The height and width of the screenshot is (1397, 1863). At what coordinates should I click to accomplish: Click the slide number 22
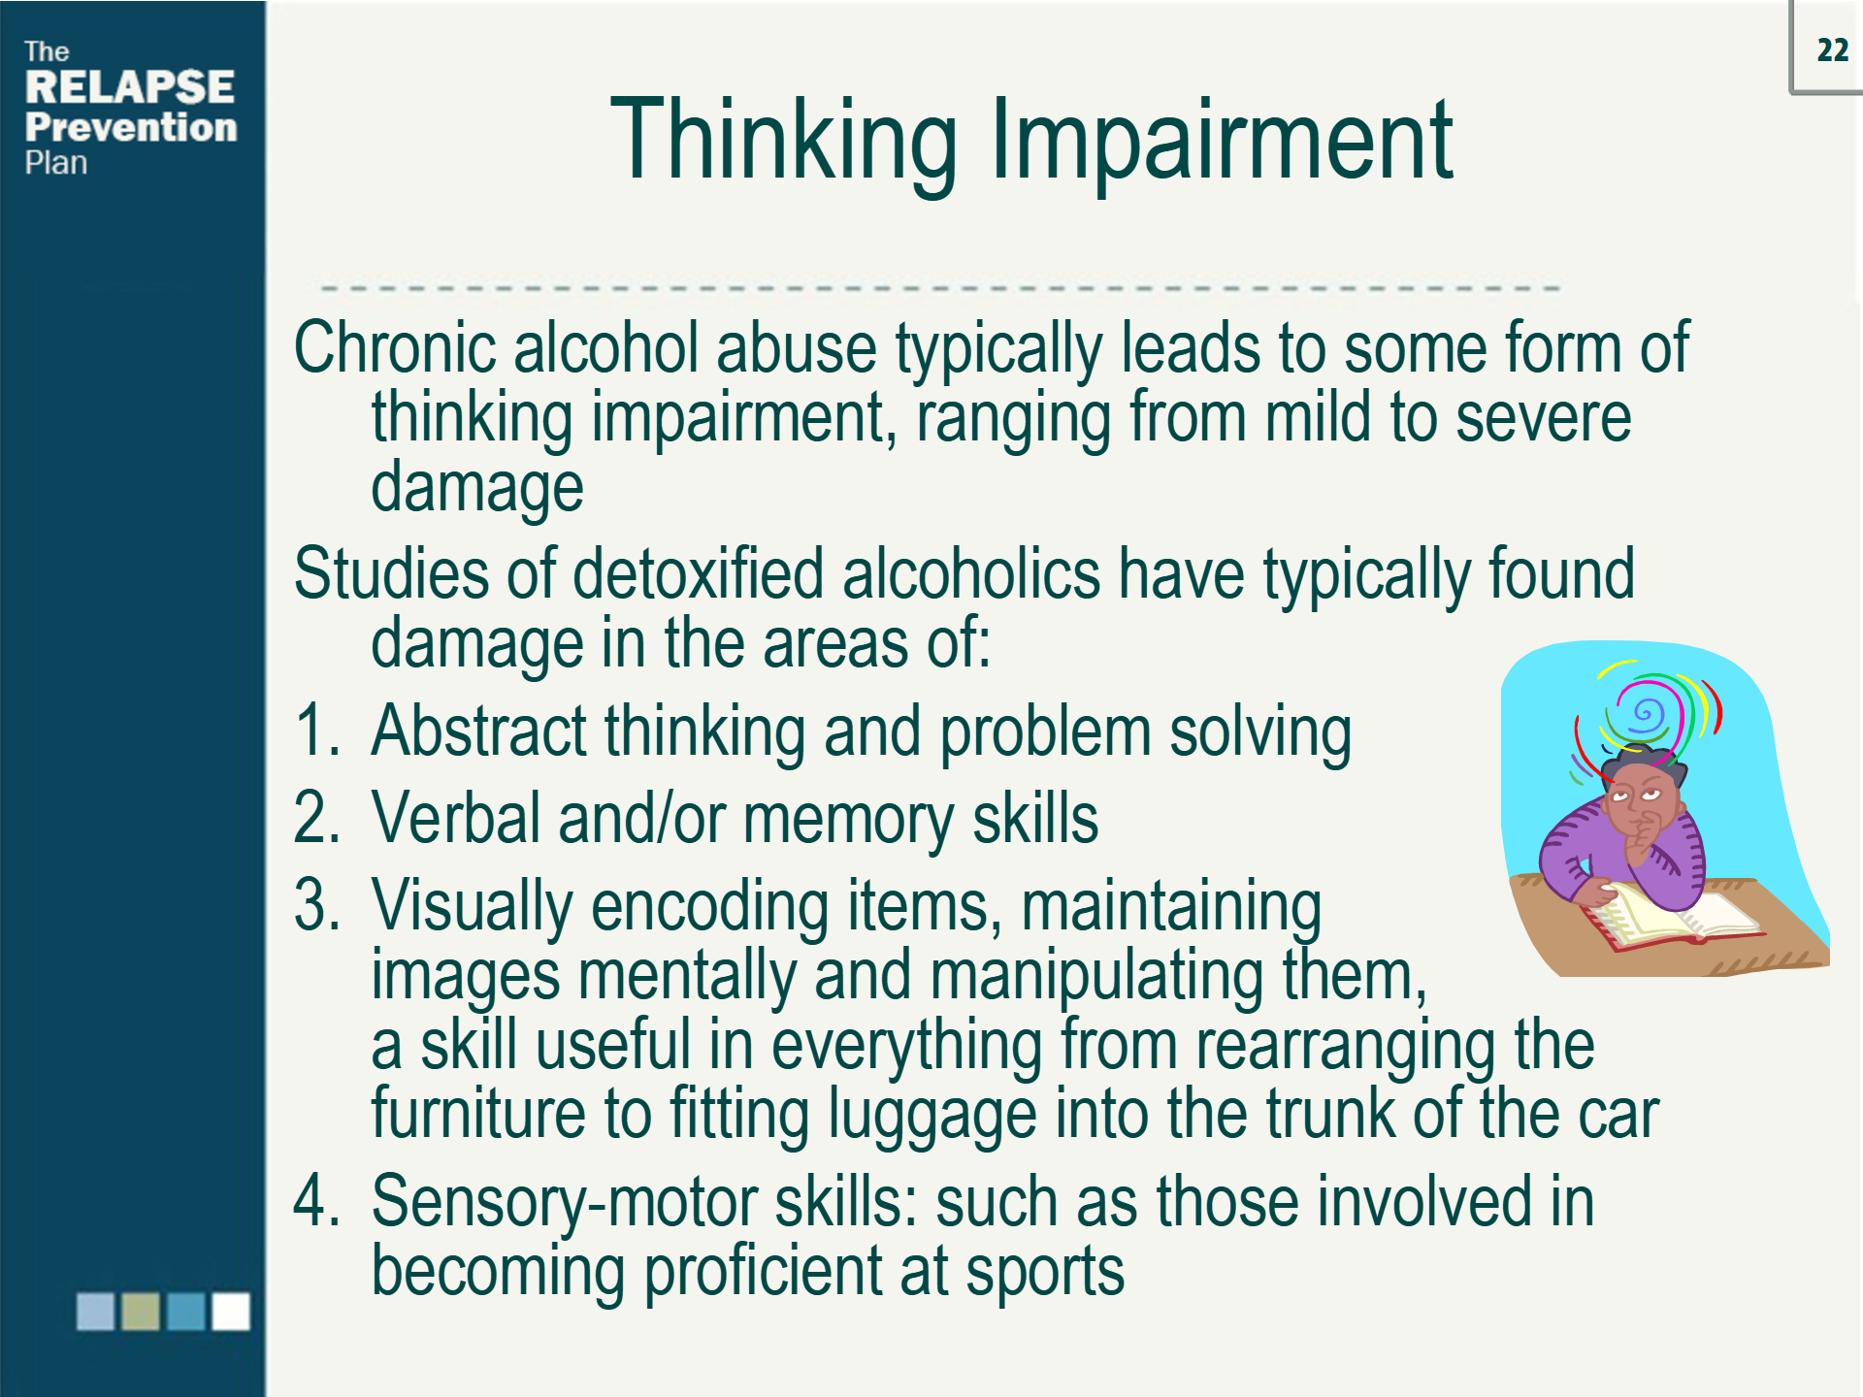click(1832, 50)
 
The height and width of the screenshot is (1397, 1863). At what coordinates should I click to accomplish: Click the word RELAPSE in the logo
click(129, 87)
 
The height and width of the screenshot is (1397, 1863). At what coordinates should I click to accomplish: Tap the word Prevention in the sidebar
click(131, 127)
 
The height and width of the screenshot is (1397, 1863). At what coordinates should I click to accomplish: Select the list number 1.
click(316, 731)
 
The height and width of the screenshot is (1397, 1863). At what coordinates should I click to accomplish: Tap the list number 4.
click(316, 1201)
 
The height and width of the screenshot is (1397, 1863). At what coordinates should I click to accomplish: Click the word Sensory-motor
click(563, 1201)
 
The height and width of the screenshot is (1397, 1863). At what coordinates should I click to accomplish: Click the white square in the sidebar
click(231, 1312)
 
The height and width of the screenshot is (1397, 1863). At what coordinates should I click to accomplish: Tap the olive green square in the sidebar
click(141, 1312)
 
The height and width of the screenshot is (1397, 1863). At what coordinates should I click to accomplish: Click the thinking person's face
click(1639, 801)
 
